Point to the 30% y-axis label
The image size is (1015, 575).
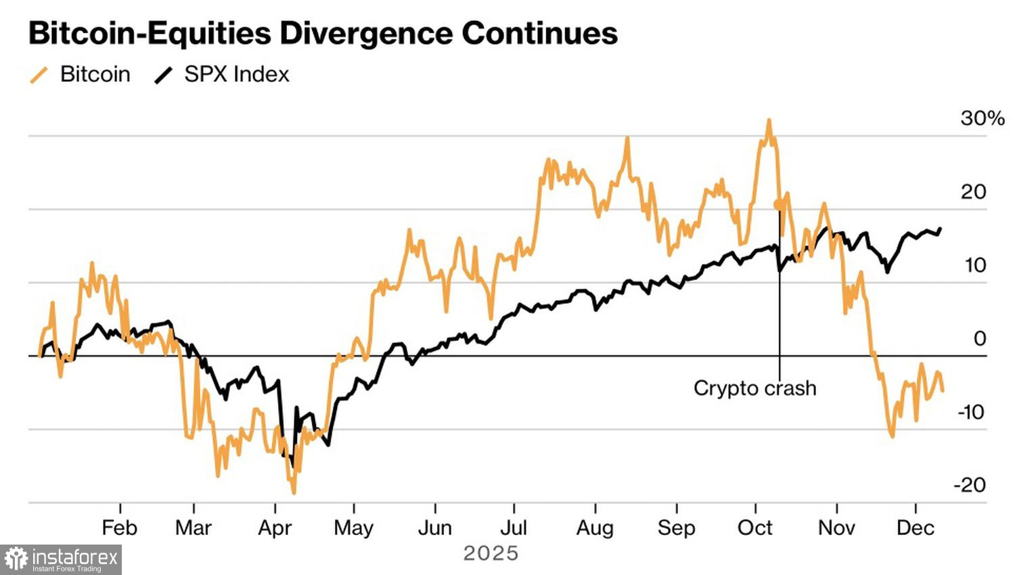982,118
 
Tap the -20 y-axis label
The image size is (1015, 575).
970,485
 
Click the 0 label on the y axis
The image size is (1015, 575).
979,338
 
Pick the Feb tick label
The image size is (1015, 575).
120,528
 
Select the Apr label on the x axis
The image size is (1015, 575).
275,528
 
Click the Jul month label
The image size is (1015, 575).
514,528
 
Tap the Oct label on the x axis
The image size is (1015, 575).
755,528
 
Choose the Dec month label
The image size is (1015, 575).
916,528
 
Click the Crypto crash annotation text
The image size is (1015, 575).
755,388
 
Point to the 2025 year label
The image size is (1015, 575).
491,553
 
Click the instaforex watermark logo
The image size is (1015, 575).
61,560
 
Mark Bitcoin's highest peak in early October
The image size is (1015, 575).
769,120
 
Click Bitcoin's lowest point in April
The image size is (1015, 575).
294,492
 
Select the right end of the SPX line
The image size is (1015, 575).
941,229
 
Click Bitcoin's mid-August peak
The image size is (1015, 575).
627,139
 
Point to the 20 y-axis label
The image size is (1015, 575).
973,192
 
